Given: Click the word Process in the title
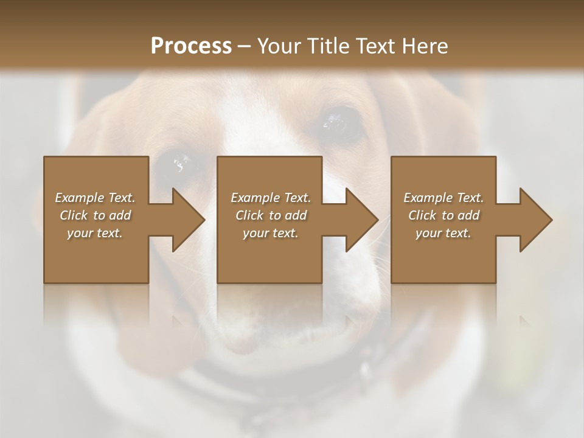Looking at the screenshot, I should [191, 46].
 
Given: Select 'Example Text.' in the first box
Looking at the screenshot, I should [95, 198].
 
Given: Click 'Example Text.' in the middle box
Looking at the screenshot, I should [270, 198].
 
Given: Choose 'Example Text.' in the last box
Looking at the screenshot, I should [443, 198].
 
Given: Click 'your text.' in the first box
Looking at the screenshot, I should [95, 233].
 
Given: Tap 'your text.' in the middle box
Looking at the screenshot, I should [270, 233].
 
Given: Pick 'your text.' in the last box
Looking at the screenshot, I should [443, 233].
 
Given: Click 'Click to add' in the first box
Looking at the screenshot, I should [95, 215].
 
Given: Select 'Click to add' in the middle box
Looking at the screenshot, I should [270, 215].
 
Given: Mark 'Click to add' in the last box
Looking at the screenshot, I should [443, 215].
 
